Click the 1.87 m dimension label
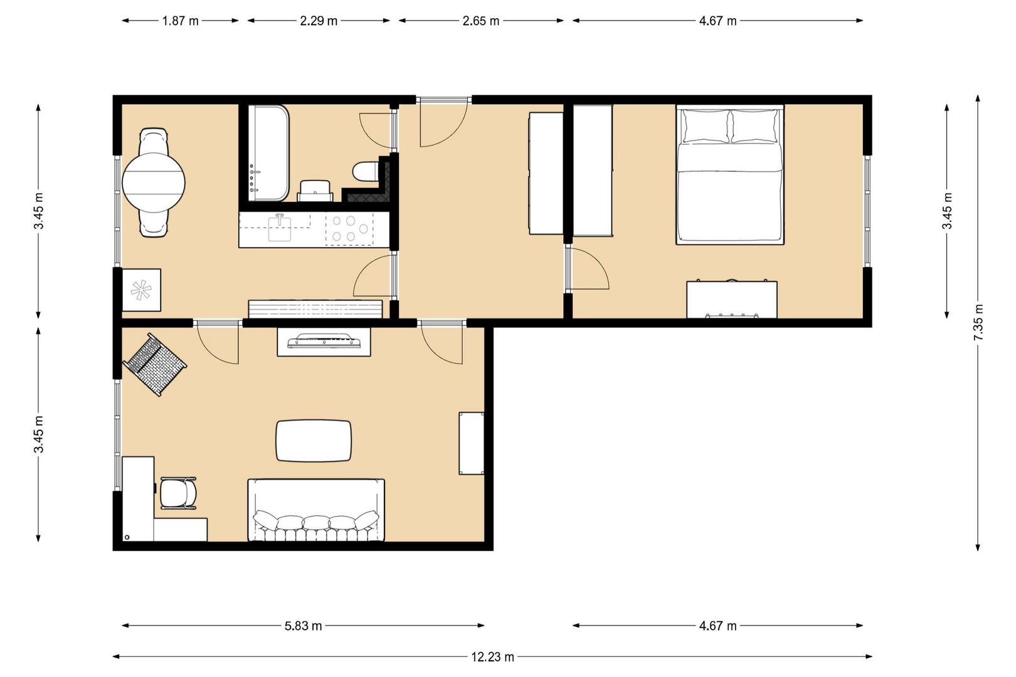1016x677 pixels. click(x=181, y=21)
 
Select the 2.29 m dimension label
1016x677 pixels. click(x=319, y=21)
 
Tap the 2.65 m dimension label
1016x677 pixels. click(x=481, y=21)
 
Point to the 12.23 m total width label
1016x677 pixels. click(x=492, y=656)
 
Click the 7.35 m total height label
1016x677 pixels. click(x=978, y=323)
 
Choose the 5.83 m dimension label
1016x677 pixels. click(x=303, y=626)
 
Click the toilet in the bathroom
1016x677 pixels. click(x=366, y=171)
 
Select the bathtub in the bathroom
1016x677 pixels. click(x=268, y=154)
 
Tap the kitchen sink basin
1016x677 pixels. click(x=280, y=229)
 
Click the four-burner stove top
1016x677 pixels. click(x=350, y=229)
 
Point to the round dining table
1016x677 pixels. click(x=154, y=183)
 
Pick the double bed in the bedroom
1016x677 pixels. click(x=730, y=175)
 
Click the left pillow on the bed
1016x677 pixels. click(x=705, y=125)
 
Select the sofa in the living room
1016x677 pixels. click(x=316, y=510)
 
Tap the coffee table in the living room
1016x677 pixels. click(x=314, y=441)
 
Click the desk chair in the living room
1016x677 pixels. click(x=178, y=493)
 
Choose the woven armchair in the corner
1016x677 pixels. click(x=155, y=365)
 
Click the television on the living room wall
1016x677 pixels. click(x=324, y=341)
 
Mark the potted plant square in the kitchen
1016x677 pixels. click(x=142, y=290)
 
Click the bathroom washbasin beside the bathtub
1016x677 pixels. click(x=315, y=191)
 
